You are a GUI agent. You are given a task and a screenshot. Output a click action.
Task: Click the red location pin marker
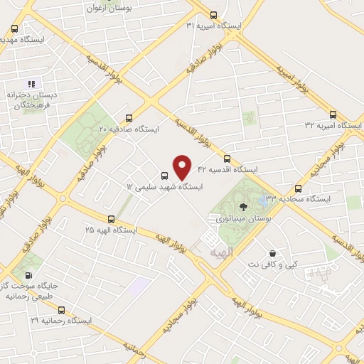(x=183, y=166)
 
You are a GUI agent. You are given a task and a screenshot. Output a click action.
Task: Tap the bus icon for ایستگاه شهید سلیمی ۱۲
(x=165, y=176)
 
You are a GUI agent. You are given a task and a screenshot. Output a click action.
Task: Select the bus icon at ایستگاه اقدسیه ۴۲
(x=227, y=159)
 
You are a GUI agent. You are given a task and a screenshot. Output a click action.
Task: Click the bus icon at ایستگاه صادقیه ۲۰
(x=129, y=118)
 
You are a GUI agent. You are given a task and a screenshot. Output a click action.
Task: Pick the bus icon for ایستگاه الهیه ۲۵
(x=110, y=219)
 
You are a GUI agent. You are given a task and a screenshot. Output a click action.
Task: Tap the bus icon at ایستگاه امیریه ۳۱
(x=214, y=15)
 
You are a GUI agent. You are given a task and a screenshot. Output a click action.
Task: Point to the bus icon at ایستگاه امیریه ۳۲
(x=333, y=114)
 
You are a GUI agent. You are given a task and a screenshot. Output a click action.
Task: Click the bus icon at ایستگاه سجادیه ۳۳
(x=298, y=188)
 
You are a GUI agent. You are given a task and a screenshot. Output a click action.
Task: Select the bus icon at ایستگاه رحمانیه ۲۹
(x=61, y=310)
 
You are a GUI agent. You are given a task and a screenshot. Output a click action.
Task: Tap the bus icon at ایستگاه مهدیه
(x=15, y=29)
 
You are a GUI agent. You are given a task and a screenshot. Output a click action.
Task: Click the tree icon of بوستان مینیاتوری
(x=244, y=208)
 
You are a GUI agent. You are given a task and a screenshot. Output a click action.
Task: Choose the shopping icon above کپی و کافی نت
(x=272, y=253)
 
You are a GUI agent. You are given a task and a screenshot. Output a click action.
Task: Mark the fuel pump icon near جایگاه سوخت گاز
(x=28, y=274)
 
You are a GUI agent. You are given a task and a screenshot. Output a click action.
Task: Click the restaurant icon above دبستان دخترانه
(x=31, y=84)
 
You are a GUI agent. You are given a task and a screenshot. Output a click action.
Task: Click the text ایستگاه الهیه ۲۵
(x=110, y=230)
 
